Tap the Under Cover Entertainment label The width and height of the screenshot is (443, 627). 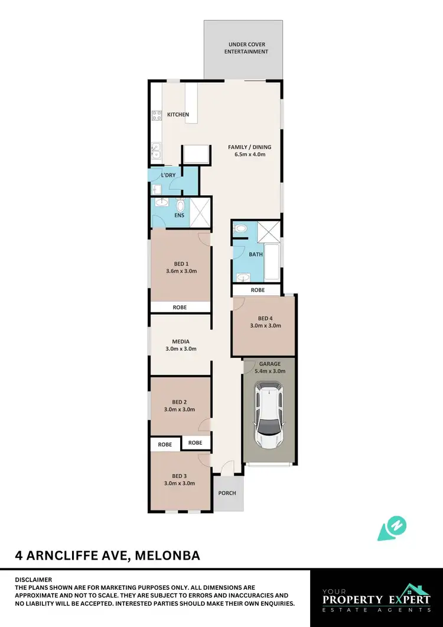tap(248, 48)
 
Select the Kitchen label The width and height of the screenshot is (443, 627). tap(178, 114)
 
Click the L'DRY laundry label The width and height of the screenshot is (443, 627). tap(168, 176)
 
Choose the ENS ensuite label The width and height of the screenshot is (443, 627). tap(179, 215)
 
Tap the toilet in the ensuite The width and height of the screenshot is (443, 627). tap(180, 205)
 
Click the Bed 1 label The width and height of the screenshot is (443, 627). tap(181, 264)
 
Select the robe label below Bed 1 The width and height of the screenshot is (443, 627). tap(180, 308)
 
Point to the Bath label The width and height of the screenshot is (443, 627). tap(255, 254)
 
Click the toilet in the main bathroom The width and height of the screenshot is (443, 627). tap(241, 228)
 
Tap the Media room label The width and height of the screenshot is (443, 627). tap(181, 342)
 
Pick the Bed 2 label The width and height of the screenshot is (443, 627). tap(180, 402)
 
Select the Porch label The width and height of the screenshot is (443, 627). tap(227, 493)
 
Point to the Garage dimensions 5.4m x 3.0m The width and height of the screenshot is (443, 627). tap(270, 371)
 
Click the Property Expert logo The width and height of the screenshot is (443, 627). tap(376, 599)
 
